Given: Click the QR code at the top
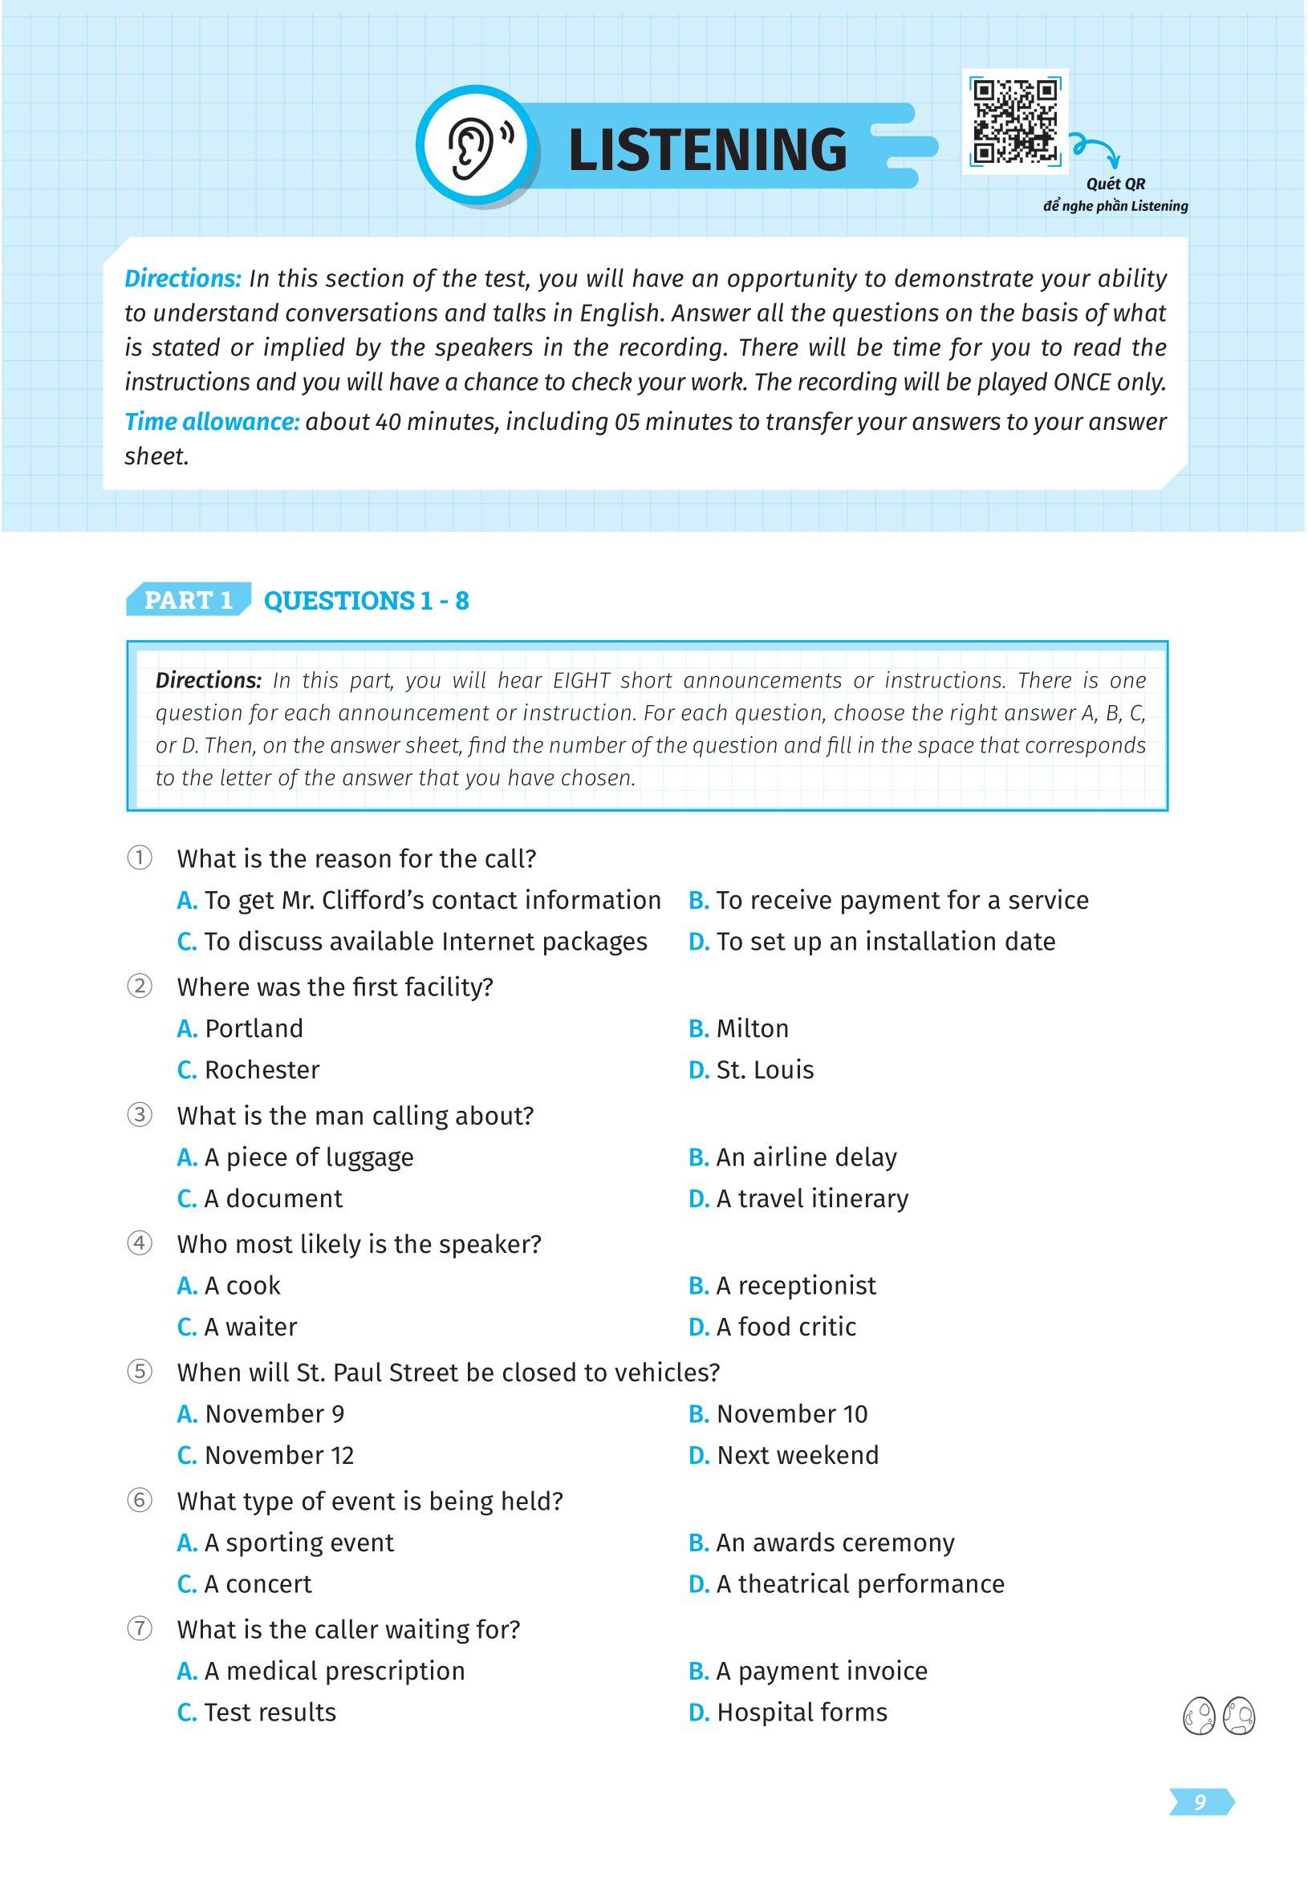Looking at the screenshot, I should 1014,120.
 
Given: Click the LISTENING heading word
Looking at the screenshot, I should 706,149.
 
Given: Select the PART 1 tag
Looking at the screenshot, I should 188,601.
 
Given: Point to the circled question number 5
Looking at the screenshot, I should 140,1372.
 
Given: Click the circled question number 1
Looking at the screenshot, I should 140,858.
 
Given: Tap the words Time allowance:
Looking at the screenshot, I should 211,422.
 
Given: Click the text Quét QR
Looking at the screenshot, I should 1115,184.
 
